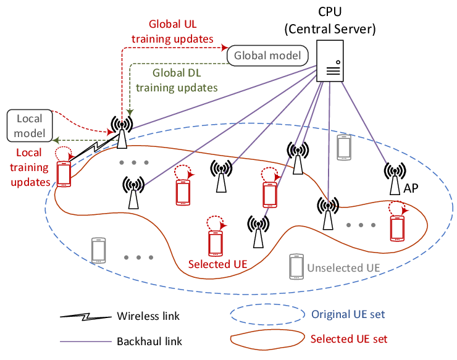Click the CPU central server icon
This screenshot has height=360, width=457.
tap(330, 61)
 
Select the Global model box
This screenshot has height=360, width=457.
tap(267, 56)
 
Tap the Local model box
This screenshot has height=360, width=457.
tap(30, 125)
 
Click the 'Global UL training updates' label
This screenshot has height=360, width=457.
tap(172, 31)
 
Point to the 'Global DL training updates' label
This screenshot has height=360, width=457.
tap(177, 80)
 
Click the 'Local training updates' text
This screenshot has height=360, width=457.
tap(30, 167)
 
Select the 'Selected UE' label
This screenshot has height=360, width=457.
tap(217, 264)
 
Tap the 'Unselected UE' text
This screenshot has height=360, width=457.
tap(343, 268)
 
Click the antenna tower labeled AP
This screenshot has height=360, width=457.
tap(395, 178)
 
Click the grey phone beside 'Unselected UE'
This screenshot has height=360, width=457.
tap(296, 267)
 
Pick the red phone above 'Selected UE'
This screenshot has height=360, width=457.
tap(216, 243)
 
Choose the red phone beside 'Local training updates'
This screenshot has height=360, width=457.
tap(64, 174)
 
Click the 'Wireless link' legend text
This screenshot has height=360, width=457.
tap(148, 316)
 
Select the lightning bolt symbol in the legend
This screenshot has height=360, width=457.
tap(86, 317)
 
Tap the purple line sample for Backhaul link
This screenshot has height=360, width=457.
tap(86, 341)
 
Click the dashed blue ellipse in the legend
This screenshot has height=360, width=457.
tap(267, 304)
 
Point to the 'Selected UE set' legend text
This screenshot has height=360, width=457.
tap(349, 339)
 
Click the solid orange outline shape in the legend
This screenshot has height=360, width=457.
tap(267, 330)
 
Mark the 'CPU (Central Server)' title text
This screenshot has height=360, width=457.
tap(330, 20)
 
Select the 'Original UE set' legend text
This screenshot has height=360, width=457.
tap(348, 314)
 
